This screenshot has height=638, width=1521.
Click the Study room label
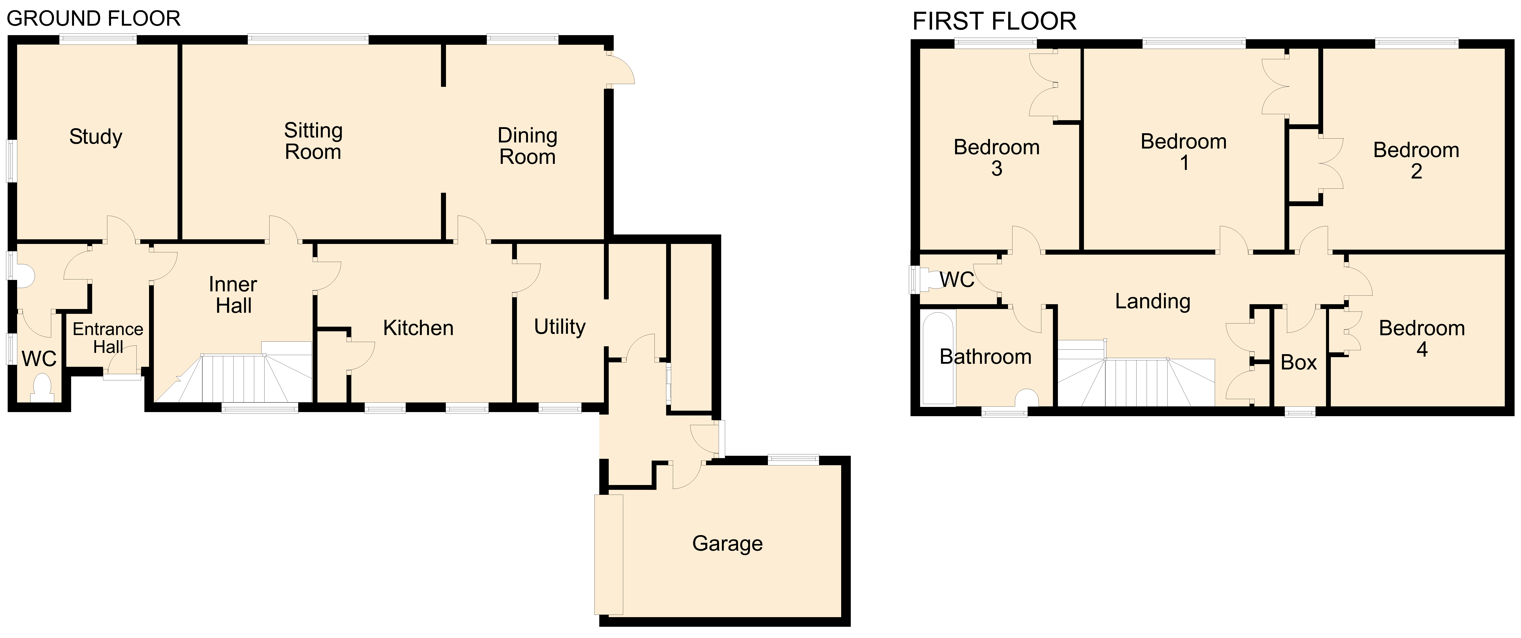click(96, 137)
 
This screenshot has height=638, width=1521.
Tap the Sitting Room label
click(314, 141)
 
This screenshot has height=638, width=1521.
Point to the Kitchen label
click(419, 328)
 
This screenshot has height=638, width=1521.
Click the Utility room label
click(560, 327)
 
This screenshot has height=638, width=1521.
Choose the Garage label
click(727, 543)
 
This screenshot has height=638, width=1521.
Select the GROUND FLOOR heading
click(93, 19)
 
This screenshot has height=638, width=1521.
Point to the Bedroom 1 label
click(1184, 152)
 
